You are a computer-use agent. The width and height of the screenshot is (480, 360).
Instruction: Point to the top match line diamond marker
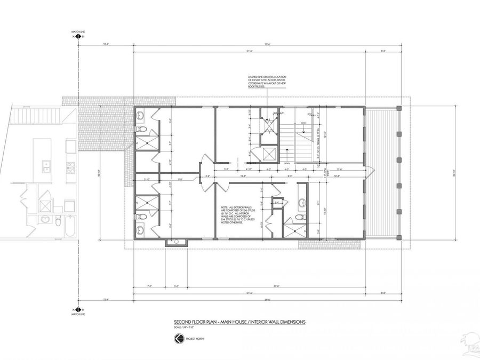[78, 37]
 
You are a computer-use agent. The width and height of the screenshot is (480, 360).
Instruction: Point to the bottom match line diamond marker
[78, 309]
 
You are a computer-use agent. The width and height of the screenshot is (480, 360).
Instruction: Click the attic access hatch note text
[267, 84]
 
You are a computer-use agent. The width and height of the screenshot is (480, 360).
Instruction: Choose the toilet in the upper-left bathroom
[140, 129]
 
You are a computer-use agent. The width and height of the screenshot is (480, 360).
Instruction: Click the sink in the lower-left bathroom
[140, 230]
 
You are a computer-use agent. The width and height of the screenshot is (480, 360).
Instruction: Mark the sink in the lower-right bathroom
[301, 203]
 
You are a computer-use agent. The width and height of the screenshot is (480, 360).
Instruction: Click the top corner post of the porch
[398, 108]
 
